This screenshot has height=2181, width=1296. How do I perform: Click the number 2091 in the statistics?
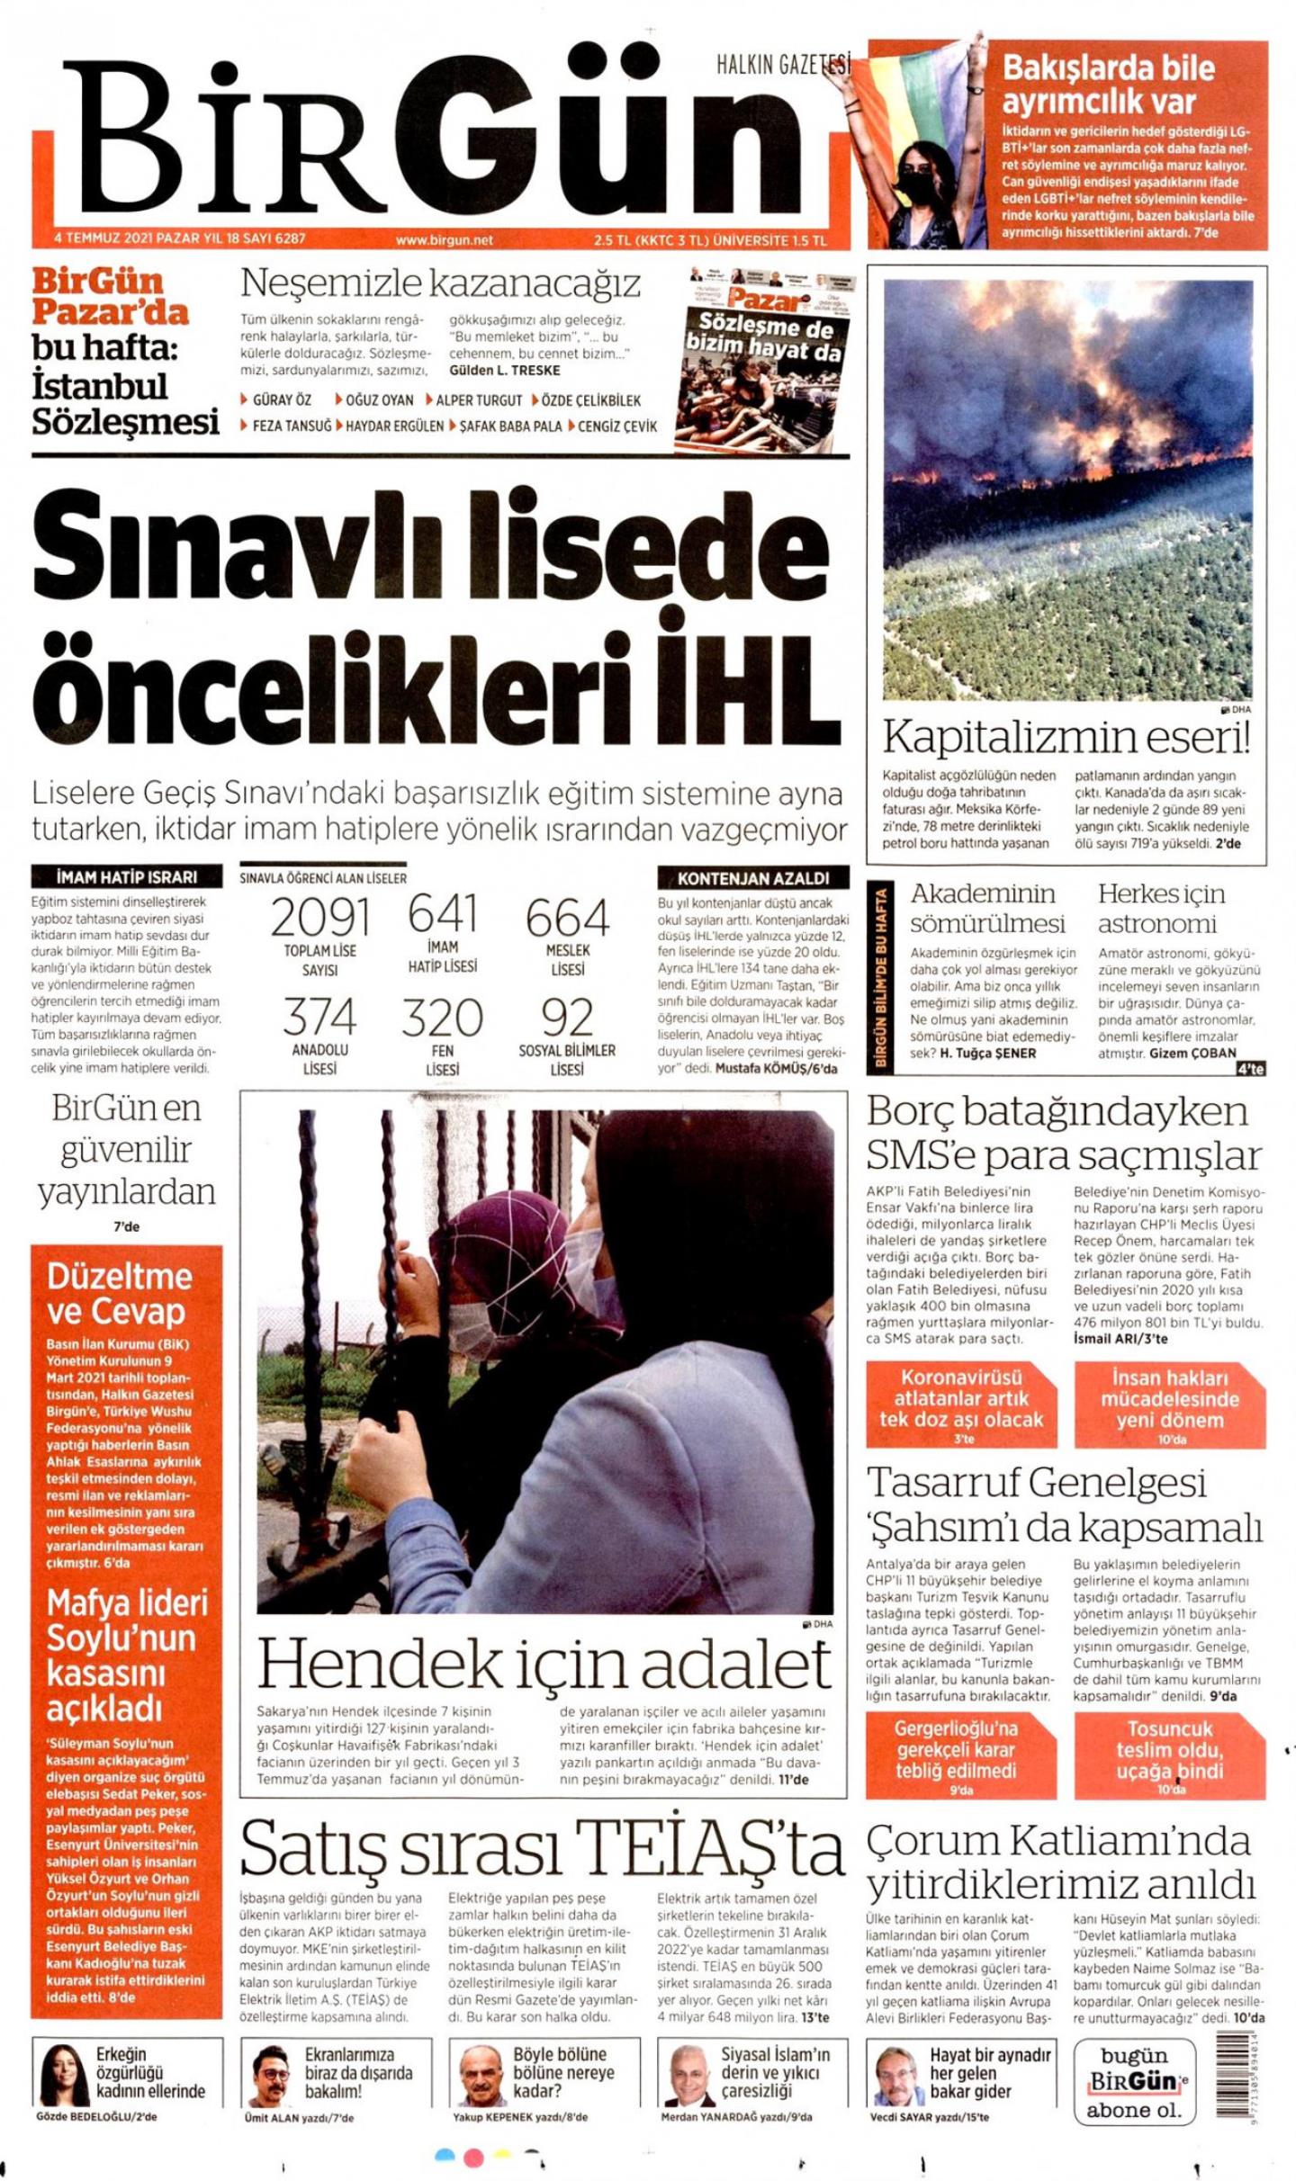319,919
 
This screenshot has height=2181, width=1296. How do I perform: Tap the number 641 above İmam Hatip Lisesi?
442,914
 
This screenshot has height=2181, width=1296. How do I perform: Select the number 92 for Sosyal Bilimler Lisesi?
567,1018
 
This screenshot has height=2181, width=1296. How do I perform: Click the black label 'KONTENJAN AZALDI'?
752,877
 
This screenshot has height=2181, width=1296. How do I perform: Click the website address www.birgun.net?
445,240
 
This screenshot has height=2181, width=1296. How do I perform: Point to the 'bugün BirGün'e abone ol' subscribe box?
1133,2081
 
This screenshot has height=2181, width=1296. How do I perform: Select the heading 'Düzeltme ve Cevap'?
119,1293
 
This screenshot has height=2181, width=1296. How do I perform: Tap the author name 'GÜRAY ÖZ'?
281,400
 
